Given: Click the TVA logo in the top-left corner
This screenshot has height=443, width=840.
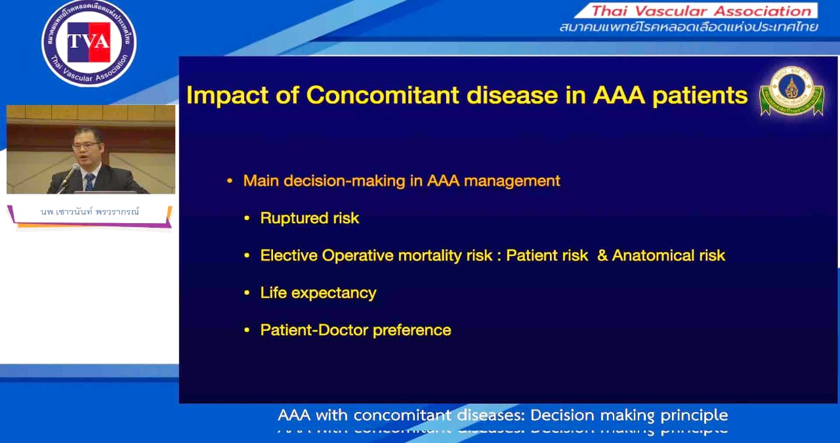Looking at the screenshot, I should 89,43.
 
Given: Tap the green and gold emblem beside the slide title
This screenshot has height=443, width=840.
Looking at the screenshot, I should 791,91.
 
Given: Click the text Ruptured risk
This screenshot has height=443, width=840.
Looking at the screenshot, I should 310,218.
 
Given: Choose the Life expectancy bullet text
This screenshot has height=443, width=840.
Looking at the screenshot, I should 318,293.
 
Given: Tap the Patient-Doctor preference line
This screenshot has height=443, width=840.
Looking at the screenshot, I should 356,329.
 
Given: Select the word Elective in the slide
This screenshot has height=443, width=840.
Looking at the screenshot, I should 289,255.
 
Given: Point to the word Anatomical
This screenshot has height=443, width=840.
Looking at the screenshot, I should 658,255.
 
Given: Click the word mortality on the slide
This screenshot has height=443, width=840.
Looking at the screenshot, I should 425,255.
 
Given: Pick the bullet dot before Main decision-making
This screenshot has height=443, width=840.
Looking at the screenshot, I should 229,181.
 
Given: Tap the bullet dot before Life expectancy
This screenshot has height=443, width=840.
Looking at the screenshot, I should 247,293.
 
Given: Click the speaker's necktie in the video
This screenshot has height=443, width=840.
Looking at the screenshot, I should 90,181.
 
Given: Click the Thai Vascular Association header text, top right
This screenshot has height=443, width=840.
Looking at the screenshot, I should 701,11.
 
